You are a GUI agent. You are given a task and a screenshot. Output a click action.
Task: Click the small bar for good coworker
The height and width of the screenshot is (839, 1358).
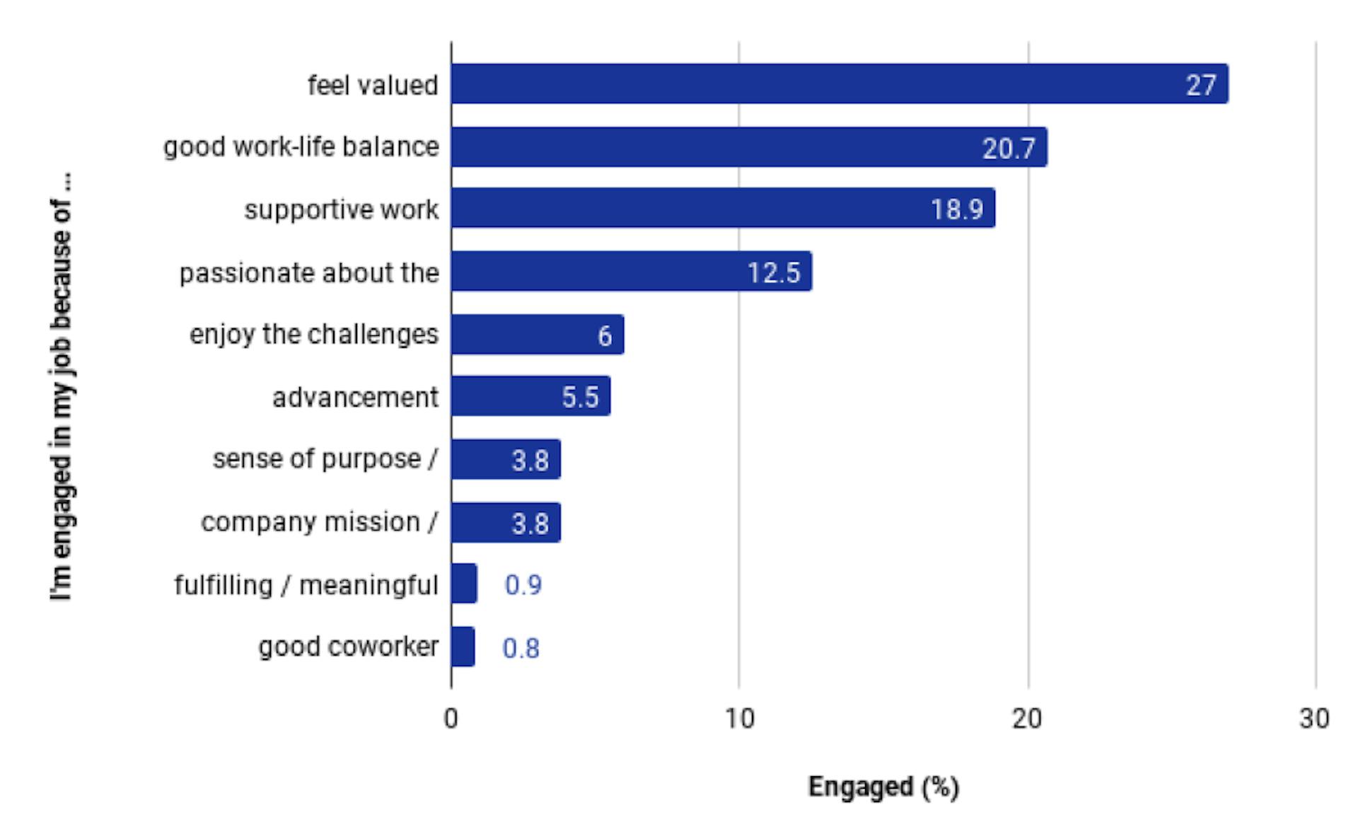click(x=463, y=647)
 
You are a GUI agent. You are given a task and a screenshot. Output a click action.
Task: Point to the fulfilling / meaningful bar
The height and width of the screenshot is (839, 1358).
click(x=464, y=584)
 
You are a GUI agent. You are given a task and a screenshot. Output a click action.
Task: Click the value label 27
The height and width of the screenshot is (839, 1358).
click(x=1200, y=86)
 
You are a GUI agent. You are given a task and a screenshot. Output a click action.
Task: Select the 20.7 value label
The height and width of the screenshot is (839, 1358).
click(x=1008, y=149)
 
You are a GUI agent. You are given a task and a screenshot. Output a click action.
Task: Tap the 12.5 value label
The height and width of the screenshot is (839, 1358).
click(x=773, y=273)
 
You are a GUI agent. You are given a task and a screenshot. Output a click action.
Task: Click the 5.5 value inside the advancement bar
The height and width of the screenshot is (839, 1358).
click(x=580, y=398)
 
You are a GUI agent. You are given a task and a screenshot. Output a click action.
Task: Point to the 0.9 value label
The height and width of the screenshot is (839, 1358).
click(x=523, y=585)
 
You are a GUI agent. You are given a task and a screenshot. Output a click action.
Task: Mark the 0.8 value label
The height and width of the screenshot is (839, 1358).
click(x=521, y=648)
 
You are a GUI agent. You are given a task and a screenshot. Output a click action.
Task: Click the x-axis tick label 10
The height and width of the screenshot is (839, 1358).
click(x=739, y=719)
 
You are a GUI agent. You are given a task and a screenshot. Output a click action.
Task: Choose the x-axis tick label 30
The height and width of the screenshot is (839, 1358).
click(x=1314, y=719)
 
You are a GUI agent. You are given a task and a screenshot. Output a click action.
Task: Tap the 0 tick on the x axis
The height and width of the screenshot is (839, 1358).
click(x=451, y=719)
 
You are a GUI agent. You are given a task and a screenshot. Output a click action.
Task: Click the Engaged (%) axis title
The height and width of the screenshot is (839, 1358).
click(x=883, y=787)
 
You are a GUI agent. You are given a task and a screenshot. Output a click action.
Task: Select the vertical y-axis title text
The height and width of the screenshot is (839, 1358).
click(x=62, y=388)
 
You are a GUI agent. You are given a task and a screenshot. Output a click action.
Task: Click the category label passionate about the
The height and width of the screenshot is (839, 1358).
click(x=309, y=273)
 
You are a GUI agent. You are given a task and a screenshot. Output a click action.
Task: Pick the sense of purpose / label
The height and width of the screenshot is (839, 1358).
click(x=325, y=459)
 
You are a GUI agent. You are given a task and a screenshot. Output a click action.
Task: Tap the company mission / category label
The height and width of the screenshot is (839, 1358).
click(x=319, y=522)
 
